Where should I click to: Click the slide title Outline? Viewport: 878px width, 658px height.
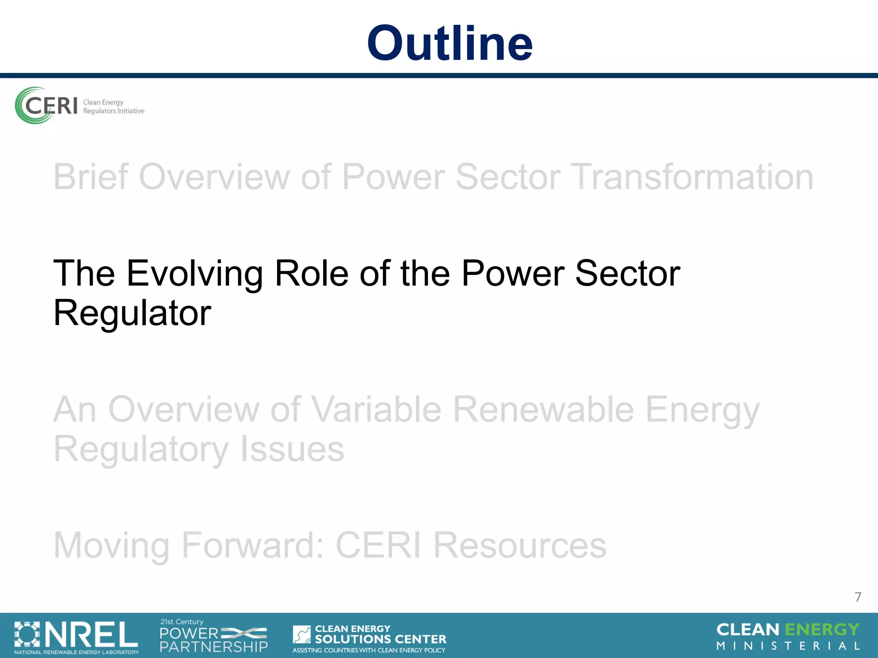449,43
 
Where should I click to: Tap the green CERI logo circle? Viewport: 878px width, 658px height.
32,105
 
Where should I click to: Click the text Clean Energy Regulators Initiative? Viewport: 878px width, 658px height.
113,107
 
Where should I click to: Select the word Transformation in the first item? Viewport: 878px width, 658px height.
693,177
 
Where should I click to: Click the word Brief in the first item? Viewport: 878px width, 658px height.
90,177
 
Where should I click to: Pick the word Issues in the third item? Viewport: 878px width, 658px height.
292,449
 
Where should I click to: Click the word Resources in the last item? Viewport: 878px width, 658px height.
520,545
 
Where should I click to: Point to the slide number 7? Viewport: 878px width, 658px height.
858,597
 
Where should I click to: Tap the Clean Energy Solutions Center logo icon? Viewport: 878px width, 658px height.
302,634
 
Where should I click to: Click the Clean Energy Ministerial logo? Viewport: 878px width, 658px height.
788,636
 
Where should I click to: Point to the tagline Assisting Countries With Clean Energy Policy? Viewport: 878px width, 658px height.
369,650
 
